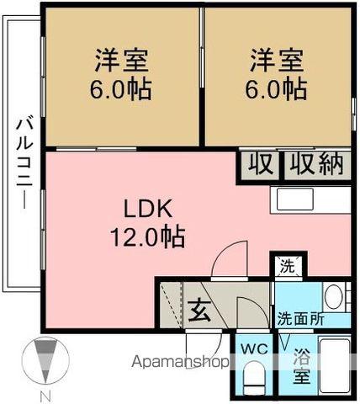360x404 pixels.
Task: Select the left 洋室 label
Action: point(121,61)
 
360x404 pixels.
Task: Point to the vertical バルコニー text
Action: point(22,164)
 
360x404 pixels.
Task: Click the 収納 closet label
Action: point(316,165)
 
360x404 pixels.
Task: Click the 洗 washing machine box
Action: point(288,268)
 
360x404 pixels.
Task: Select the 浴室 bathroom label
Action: point(300,365)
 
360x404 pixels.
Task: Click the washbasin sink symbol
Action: point(333,296)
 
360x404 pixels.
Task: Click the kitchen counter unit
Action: point(309,199)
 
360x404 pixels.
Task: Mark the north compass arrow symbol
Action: point(46,363)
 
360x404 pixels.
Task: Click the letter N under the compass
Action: point(46,396)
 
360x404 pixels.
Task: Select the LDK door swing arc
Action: point(229,258)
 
